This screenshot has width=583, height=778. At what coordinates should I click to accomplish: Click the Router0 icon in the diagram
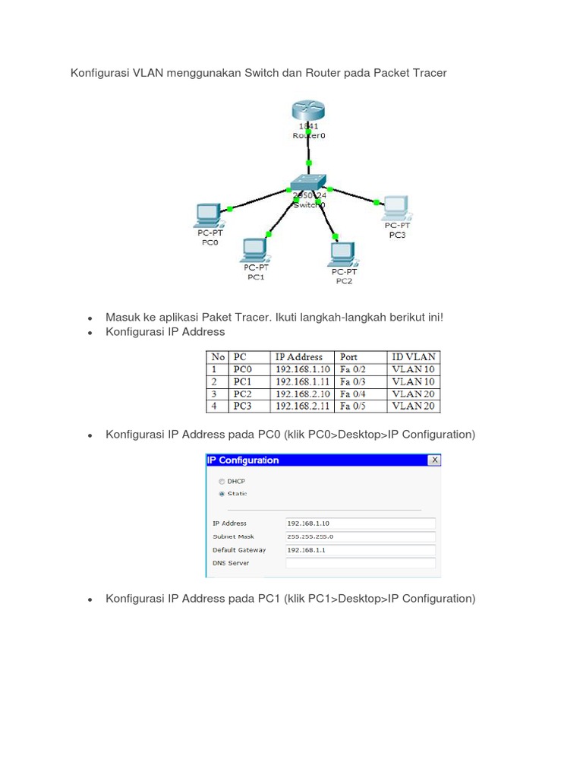(x=307, y=111)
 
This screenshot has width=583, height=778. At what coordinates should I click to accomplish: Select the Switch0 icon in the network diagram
(x=307, y=182)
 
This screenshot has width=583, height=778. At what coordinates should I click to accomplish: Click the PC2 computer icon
(x=343, y=253)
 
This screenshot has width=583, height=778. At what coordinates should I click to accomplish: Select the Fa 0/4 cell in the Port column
(x=353, y=394)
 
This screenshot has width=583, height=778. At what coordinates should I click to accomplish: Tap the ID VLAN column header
(x=413, y=357)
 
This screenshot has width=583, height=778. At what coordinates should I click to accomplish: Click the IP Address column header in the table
(x=298, y=357)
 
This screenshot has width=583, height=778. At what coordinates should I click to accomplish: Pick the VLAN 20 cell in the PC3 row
(x=413, y=406)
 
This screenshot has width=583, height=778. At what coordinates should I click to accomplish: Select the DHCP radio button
(x=222, y=481)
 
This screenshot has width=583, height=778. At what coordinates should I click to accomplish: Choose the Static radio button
(x=222, y=494)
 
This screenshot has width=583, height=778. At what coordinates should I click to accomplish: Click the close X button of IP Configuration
(x=434, y=460)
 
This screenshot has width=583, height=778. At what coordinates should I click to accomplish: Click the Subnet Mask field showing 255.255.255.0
(x=360, y=536)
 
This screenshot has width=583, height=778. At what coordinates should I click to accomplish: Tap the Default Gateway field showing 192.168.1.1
(x=360, y=550)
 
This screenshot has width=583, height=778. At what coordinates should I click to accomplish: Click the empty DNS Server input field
(x=360, y=563)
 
